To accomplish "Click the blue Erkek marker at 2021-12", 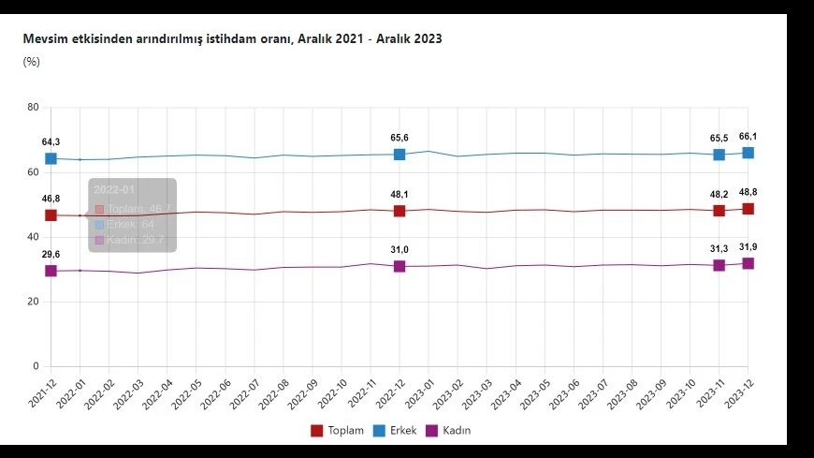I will tap(51, 159).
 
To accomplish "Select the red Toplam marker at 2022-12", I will tap(400, 211).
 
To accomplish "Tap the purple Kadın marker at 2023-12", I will tap(749, 263).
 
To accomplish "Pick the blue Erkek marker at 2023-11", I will tap(719, 155).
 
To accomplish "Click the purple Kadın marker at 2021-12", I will tap(51, 271).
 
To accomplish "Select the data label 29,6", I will tap(51, 254).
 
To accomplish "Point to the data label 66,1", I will tap(749, 136).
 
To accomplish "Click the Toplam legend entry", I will tap(337, 431).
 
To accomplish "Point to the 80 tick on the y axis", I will tap(33, 108).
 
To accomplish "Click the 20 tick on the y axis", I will tap(33, 302).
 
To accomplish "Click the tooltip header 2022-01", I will tap(109, 189).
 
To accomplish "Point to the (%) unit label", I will tap(31, 62).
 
